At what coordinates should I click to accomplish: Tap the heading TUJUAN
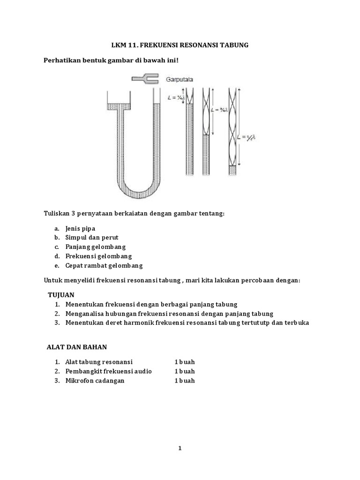(x=61, y=294)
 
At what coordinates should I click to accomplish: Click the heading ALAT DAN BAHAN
(x=77, y=347)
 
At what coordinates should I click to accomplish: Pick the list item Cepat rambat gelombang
(x=104, y=266)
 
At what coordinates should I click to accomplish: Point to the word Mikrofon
(x=79, y=381)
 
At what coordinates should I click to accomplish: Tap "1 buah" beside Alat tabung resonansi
(x=185, y=362)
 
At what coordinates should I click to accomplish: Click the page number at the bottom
(x=180, y=448)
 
